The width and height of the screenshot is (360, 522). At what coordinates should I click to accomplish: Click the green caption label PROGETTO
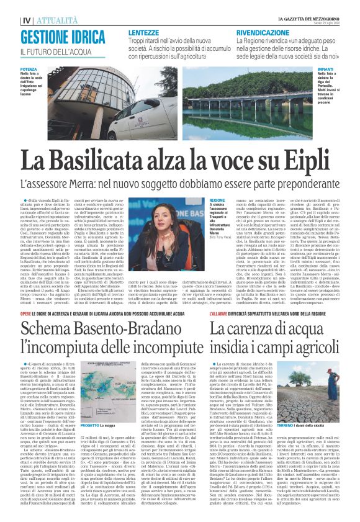pos(89,426)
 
